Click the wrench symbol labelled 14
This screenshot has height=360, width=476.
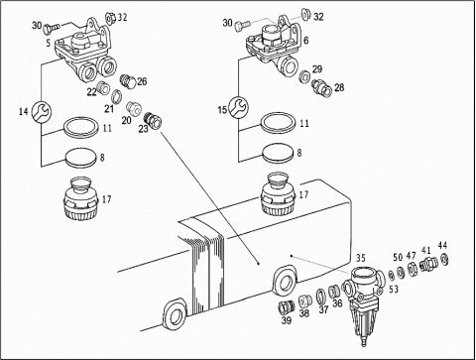click(x=42, y=111)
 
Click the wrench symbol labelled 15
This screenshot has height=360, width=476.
click(x=239, y=108)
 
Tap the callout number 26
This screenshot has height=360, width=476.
click(x=142, y=81)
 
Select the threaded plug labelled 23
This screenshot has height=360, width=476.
click(x=154, y=119)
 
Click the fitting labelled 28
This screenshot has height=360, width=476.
click(x=321, y=87)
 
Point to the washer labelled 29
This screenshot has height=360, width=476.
click(x=304, y=77)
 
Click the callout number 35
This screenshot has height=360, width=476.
click(x=361, y=258)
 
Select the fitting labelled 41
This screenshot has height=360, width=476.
click(x=428, y=263)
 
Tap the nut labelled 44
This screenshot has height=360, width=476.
click(x=445, y=258)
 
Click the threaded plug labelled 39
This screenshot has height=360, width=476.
click(x=286, y=308)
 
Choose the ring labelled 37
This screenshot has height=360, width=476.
click(x=321, y=297)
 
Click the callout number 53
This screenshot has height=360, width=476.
click(x=394, y=290)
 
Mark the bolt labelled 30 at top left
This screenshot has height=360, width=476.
click(x=51, y=28)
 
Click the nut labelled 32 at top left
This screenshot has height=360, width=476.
click(x=111, y=18)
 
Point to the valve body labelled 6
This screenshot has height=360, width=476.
click(x=274, y=47)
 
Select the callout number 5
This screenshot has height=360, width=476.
click(x=49, y=43)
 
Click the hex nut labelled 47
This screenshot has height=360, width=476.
click(x=412, y=269)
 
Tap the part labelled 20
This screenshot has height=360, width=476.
click(x=135, y=108)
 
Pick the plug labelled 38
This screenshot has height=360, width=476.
click(x=305, y=300)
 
